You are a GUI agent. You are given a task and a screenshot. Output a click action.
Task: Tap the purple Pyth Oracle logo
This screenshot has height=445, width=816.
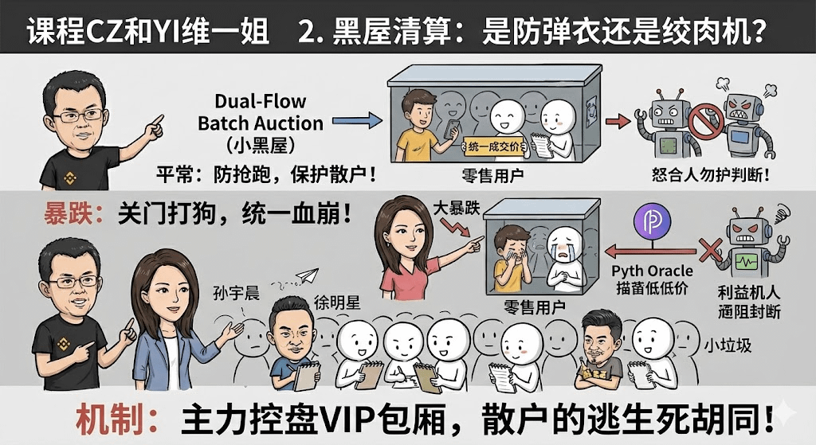pos(650,222)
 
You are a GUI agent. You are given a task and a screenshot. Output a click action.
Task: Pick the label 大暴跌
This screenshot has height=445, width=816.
pos(455,205)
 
